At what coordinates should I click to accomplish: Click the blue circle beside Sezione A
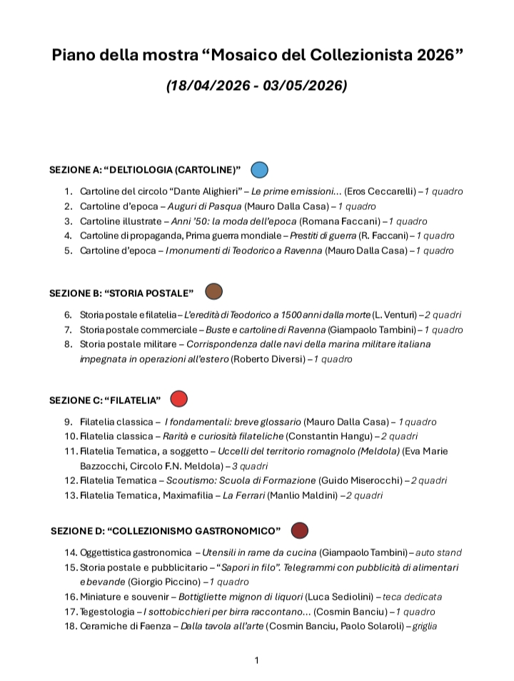click(x=260, y=170)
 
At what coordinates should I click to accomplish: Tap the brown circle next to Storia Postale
click(x=214, y=291)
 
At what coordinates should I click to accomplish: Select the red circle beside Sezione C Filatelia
click(x=178, y=398)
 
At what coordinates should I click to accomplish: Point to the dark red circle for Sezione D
click(x=300, y=530)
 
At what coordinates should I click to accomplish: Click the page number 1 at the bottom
click(x=257, y=660)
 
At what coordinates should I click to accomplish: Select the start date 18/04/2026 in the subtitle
click(x=211, y=86)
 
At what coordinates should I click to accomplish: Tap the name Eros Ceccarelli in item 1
click(x=378, y=192)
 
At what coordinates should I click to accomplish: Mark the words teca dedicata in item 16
click(x=411, y=597)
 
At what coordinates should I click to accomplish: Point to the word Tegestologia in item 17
click(x=109, y=612)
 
